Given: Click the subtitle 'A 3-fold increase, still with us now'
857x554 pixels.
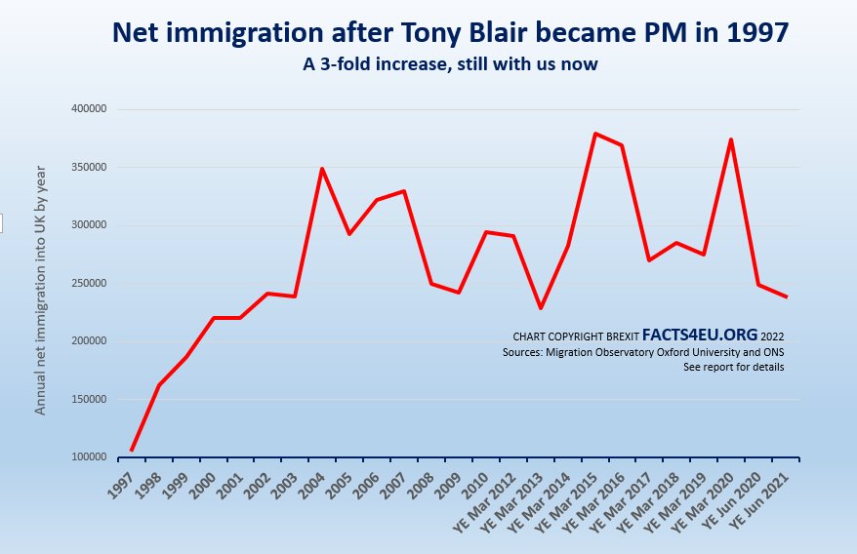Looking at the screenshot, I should pos(449,64).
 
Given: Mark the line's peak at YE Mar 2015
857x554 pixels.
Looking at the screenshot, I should pos(594,134).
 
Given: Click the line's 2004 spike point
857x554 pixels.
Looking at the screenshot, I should pos(322,169).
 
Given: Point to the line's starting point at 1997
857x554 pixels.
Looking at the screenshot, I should pos(131,451).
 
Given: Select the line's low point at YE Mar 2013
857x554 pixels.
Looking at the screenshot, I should pos(540,308).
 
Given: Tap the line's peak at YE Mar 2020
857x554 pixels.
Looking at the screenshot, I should pos(730,139).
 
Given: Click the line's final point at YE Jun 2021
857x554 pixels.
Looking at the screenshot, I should pos(785,297).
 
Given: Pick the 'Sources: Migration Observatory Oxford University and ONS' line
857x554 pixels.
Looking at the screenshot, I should pos(643,351).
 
